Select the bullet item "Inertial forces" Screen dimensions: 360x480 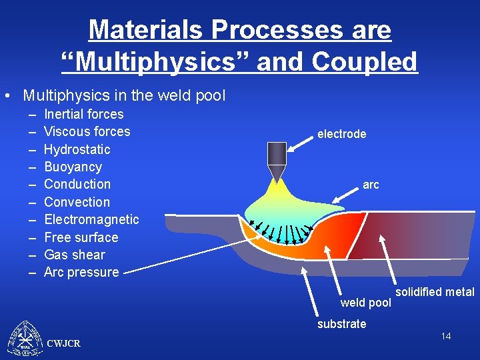83,114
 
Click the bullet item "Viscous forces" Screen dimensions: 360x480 87,131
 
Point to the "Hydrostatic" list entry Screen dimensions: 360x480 77,149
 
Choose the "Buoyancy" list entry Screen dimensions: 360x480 73,167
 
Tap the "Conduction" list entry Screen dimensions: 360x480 77,184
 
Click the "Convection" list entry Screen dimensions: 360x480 77,202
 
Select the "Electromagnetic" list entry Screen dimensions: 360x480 91,219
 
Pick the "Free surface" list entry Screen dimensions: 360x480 81,237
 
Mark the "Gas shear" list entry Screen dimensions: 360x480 74,255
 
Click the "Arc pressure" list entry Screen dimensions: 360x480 81,272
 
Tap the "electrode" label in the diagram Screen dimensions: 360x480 341,134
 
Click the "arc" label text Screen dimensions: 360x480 371,185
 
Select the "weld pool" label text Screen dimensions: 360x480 365,303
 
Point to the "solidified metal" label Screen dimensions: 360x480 435,292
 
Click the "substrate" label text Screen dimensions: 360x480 341,324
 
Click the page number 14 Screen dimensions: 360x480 445,336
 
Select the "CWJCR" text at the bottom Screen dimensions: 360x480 64,343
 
